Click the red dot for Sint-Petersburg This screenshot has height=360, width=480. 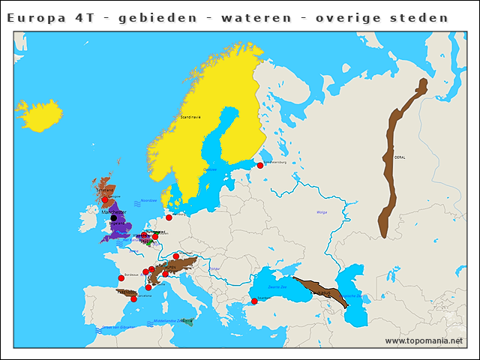(260, 164)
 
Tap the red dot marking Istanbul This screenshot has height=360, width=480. (254, 301)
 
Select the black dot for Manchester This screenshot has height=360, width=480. (114, 218)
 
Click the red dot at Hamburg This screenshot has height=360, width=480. (169, 217)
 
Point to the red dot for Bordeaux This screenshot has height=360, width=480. (121, 278)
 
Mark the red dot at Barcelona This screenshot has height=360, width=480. (134, 299)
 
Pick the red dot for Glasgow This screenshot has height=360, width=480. (105, 200)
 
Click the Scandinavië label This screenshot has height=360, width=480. (190, 118)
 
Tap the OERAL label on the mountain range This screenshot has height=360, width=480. (399, 157)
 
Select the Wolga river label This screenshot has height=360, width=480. (322, 212)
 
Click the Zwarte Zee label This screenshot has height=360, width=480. (278, 286)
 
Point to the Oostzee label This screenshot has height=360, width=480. (211, 169)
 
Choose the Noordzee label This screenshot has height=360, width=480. (148, 200)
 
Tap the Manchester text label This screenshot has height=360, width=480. (112, 212)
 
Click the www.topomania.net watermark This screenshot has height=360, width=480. (424, 340)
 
